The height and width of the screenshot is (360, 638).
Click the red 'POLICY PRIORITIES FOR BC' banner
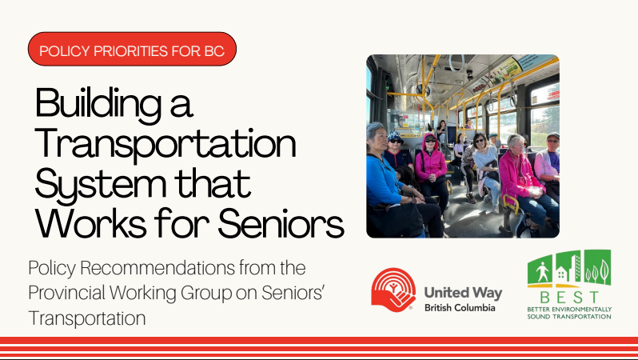point(132,50)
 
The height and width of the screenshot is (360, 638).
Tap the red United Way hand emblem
point(393,290)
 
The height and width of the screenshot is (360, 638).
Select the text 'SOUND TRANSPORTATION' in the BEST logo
point(569,316)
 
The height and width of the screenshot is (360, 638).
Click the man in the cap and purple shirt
point(548,160)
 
